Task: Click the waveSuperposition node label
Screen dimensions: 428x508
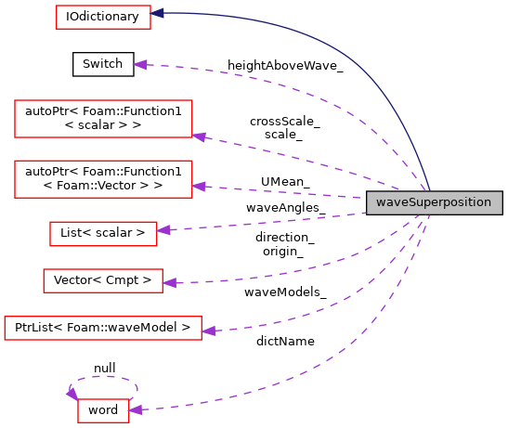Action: point(434,202)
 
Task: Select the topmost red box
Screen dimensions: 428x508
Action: point(103,17)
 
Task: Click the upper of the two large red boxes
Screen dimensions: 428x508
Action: point(103,119)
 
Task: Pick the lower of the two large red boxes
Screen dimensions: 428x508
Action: point(103,178)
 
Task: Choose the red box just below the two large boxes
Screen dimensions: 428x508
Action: point(103,234)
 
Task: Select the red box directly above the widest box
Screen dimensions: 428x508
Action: point(103,280)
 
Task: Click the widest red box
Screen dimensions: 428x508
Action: point(103,328)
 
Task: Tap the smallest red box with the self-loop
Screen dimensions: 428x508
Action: point(103,410)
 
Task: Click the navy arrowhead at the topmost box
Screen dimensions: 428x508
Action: point(158,13)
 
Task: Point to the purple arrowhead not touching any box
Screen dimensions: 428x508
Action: point(140,64)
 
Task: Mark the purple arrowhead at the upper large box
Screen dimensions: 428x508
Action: point(199,136)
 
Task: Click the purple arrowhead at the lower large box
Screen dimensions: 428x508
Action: point(199,187)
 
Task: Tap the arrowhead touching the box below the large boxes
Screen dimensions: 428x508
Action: point(163,229)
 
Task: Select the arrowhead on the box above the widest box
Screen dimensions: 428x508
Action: point(169,282)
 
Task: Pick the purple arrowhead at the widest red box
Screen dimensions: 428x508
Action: point(208,331)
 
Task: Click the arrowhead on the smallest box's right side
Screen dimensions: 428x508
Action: point(136,409)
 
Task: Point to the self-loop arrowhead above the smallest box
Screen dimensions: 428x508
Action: point(72,395)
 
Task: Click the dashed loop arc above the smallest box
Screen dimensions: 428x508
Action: point(104,377)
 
